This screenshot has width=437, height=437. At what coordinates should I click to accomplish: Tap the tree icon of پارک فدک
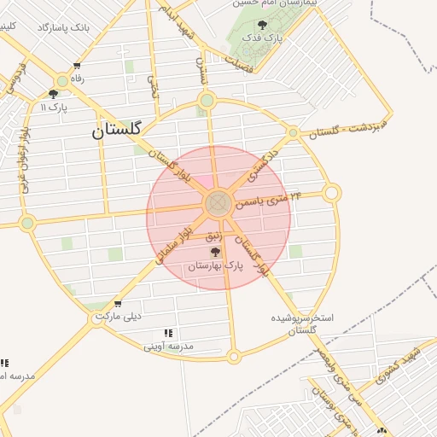(261, 25)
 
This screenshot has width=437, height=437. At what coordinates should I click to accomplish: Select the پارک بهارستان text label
(215, 267)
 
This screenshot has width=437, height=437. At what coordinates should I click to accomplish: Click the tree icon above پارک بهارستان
(214, 252)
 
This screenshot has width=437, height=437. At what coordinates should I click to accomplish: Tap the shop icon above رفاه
(78, 66)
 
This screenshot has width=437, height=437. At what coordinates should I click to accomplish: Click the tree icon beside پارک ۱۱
(54, 95)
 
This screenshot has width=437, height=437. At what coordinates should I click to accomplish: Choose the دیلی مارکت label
(116, 316)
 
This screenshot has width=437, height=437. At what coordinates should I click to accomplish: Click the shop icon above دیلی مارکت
(118, 303)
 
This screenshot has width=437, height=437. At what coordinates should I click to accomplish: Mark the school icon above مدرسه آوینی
(168, 332)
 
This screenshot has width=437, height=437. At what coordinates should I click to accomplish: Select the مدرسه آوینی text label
(168, 346)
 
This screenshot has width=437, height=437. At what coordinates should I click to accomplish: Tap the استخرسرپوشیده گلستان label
(302, 323)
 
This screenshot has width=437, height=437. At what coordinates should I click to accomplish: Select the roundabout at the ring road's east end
(332, 194)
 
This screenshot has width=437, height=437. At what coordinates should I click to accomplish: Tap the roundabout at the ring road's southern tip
(233, 356)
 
